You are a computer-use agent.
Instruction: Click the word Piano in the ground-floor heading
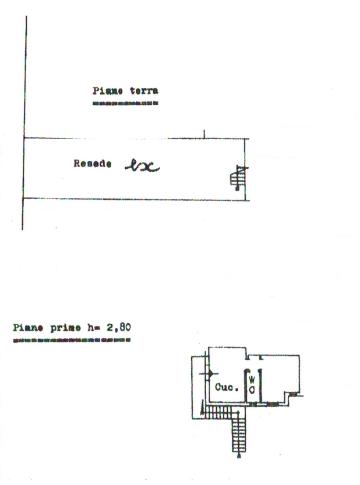pos(105,91)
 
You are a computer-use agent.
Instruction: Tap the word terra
pos(144,91)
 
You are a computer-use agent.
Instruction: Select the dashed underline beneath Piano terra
pos(125,104)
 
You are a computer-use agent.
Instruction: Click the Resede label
pos(93,164)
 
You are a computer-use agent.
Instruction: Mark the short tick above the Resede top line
pos(204,134)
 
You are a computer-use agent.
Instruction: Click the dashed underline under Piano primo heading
pos(71,339)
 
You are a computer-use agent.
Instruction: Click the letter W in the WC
pos(252,380)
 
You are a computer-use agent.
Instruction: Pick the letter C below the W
pos(252,390)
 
